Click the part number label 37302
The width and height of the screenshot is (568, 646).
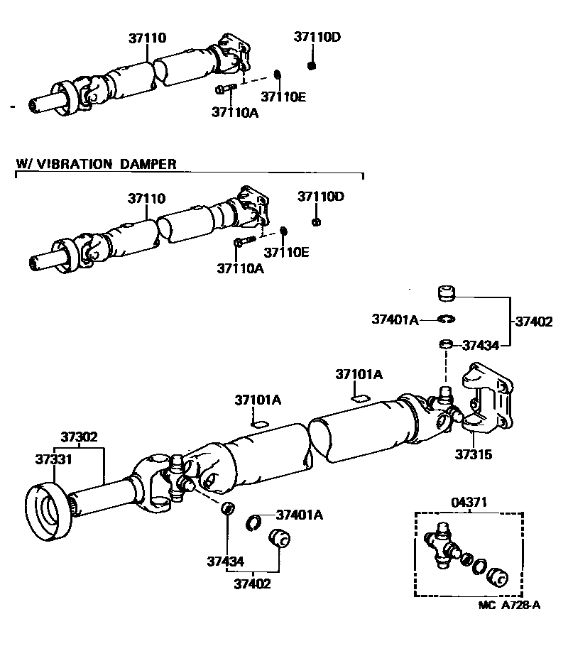point(78,437)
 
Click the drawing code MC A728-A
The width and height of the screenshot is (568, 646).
point(509,605)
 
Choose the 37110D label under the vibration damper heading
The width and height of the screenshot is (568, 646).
point(320,196)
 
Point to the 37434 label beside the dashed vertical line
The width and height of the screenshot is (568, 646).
point(481,345)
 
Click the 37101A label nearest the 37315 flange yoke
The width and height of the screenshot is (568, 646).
point(359,374)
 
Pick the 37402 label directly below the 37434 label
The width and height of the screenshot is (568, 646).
point(253,584)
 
